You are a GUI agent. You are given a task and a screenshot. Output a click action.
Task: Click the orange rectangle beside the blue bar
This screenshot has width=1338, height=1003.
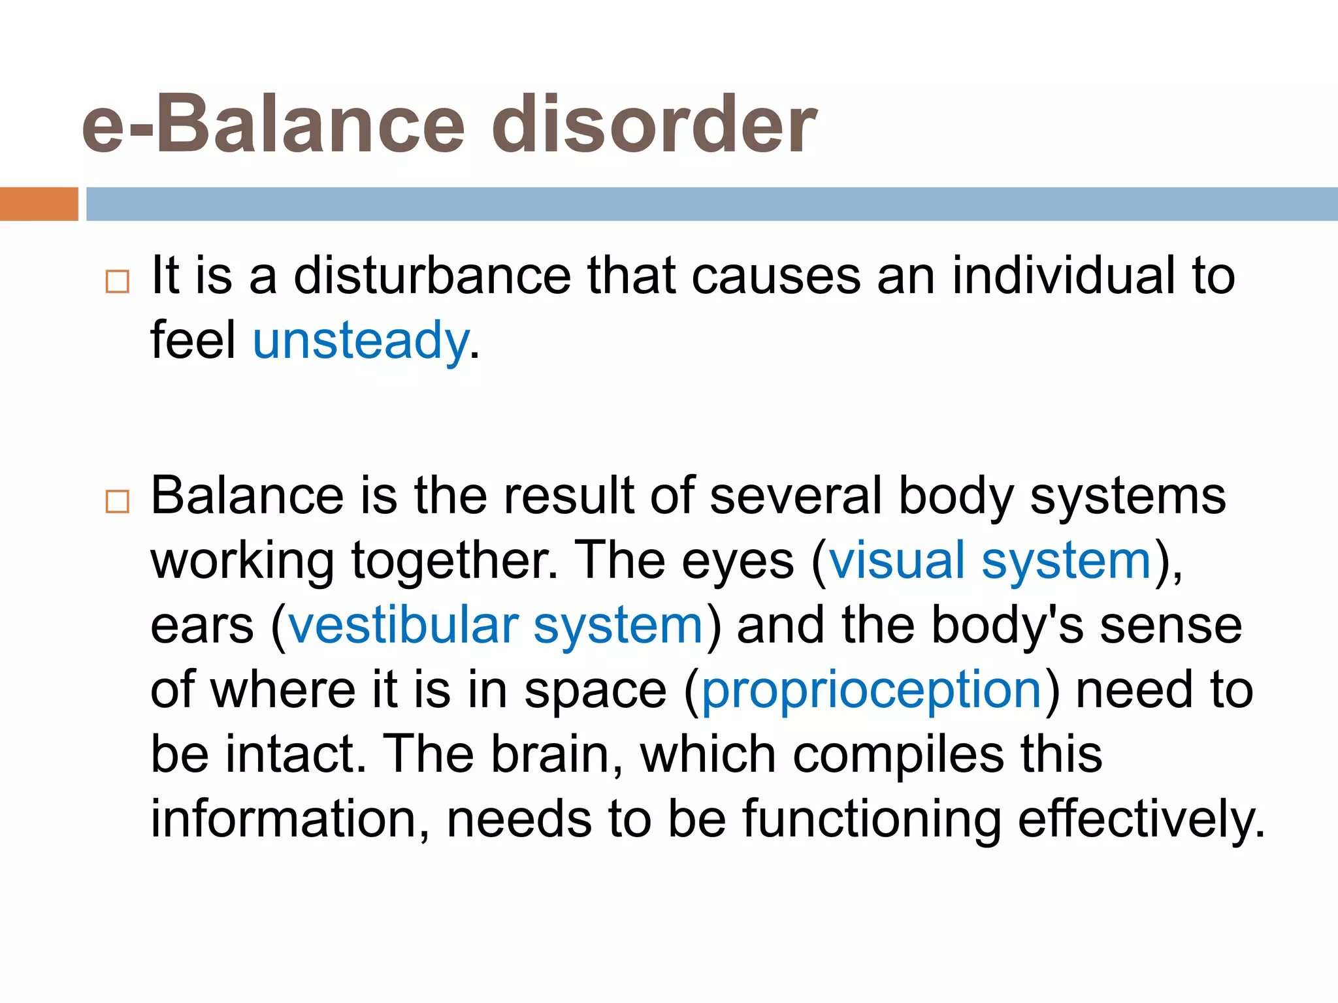[x=39, y=204]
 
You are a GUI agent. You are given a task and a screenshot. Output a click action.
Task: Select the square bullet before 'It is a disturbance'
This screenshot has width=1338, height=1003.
[x=118, y=281]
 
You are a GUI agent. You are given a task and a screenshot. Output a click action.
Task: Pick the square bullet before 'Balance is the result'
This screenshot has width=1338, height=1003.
[x=118, y=501]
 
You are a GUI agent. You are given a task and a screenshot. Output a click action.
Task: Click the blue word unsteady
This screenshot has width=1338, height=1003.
[x=361, y=341]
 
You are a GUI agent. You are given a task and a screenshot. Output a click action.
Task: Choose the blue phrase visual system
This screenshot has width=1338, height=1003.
[x=990, y=560]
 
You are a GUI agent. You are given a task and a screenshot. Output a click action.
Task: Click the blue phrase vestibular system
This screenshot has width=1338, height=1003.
[x=496, y=625]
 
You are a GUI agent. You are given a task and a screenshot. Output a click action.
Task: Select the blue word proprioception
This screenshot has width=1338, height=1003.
[x=872, y=690]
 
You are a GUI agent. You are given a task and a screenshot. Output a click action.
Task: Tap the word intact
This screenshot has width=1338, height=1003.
[x=295, y=754]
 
